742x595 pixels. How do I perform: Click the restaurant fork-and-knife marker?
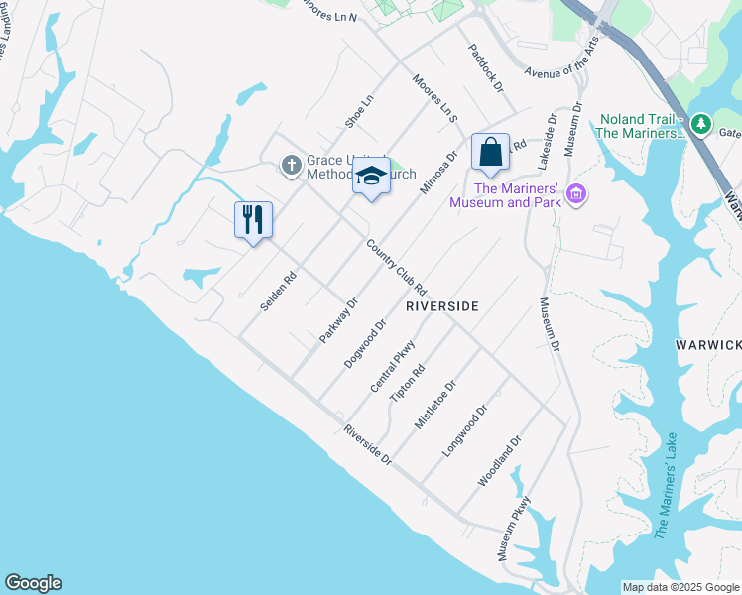point(253,219)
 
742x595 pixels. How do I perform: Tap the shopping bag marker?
point(490,152)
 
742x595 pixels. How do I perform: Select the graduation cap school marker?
point(371,176)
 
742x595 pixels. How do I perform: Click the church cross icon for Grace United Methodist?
point(291,165)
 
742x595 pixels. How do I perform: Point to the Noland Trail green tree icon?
point(702,123)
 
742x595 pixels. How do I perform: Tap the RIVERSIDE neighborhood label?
point(442,307)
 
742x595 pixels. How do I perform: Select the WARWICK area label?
point(708,345)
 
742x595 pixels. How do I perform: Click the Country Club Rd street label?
point(396,268)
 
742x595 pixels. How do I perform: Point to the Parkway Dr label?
point(338,320)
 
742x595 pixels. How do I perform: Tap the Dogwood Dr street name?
point(365,344)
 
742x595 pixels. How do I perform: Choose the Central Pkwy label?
point(392,366)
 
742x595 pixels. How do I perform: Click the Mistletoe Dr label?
point(434,405)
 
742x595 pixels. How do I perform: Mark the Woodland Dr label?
point(499,460)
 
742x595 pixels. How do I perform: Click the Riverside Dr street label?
point(368,445)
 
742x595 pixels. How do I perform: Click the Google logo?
point(33,583)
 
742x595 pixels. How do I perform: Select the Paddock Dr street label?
point(487,68)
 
